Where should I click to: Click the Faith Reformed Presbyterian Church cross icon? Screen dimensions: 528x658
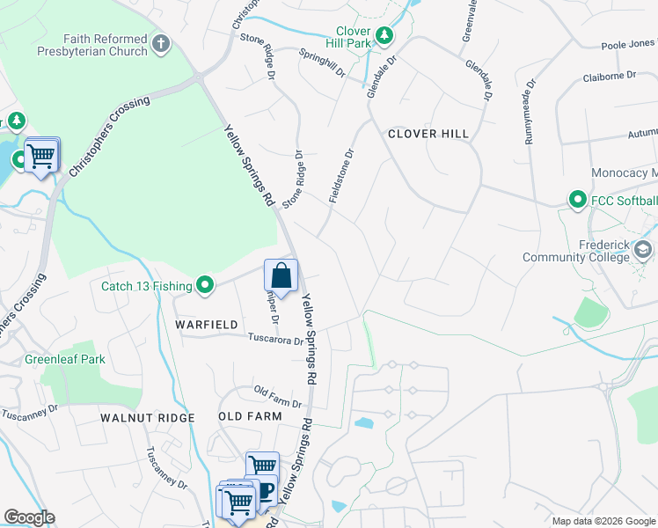160,42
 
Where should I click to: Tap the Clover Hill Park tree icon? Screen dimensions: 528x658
384,34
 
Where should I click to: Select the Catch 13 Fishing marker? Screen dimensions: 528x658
205,284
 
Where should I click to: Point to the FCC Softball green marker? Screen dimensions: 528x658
577,200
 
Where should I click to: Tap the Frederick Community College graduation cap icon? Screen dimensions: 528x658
643,251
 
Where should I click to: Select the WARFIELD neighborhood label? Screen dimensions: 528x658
207,325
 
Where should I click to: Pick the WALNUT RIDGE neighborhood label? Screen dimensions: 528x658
147,416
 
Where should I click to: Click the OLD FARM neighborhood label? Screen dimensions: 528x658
250,416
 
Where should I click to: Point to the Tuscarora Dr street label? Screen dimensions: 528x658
274,338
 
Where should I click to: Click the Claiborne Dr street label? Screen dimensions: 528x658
609,77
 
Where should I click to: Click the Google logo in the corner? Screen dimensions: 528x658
30,517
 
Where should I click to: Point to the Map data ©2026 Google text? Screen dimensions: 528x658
603,521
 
